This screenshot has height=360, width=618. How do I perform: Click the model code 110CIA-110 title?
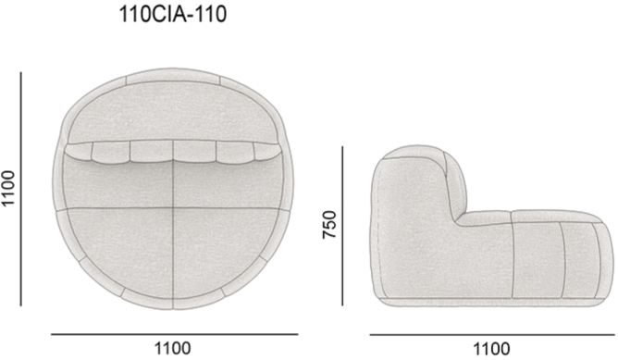pyautogui.click(x=173, y=15)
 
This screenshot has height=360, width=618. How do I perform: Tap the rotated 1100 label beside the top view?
pyautogui.click(x=8, y=188)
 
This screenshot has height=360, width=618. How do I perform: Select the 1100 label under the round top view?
pyautogui.click(x=172, y=349)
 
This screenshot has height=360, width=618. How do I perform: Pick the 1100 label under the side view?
pyautogui.click(x=491, y=349)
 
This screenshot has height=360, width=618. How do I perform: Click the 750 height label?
pyautogui.click(x=329, y=225)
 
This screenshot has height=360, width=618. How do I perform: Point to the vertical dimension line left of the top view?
pyautogui.click(x=21, y=189)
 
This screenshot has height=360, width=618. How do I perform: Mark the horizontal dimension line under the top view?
pyautogui.click(x=174, y=334)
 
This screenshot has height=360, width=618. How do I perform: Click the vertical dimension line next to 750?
pyautogui.click(x=342, y=226)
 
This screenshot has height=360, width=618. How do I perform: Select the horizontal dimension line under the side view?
pyautogui.click(x=492, y=335)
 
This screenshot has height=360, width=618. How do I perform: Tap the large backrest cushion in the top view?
pyautogui.click(x=173, y=112)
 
